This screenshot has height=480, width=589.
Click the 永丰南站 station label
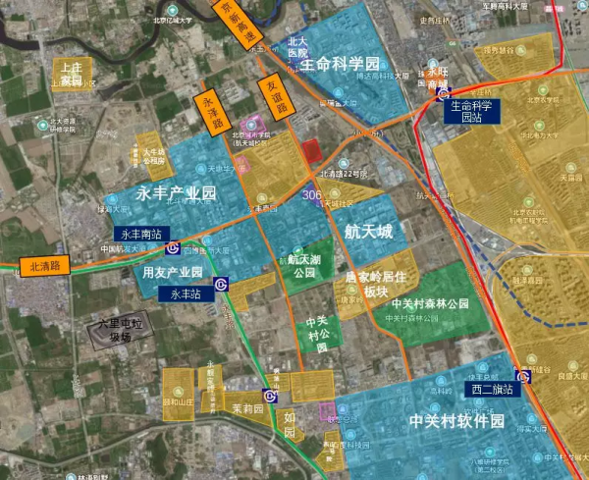click(142, 235)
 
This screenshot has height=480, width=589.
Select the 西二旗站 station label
click(490, 388)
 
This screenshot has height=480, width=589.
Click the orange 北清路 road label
click(45, 266)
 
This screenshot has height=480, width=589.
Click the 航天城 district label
click(368, 232)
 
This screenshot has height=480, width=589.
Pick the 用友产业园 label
click(172, 272)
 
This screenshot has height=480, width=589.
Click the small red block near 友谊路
click(310, 153)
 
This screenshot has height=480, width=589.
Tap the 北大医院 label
click(298, 49)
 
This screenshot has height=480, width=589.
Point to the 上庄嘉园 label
click(72, 72)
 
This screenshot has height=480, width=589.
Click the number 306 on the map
click(313, 196)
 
